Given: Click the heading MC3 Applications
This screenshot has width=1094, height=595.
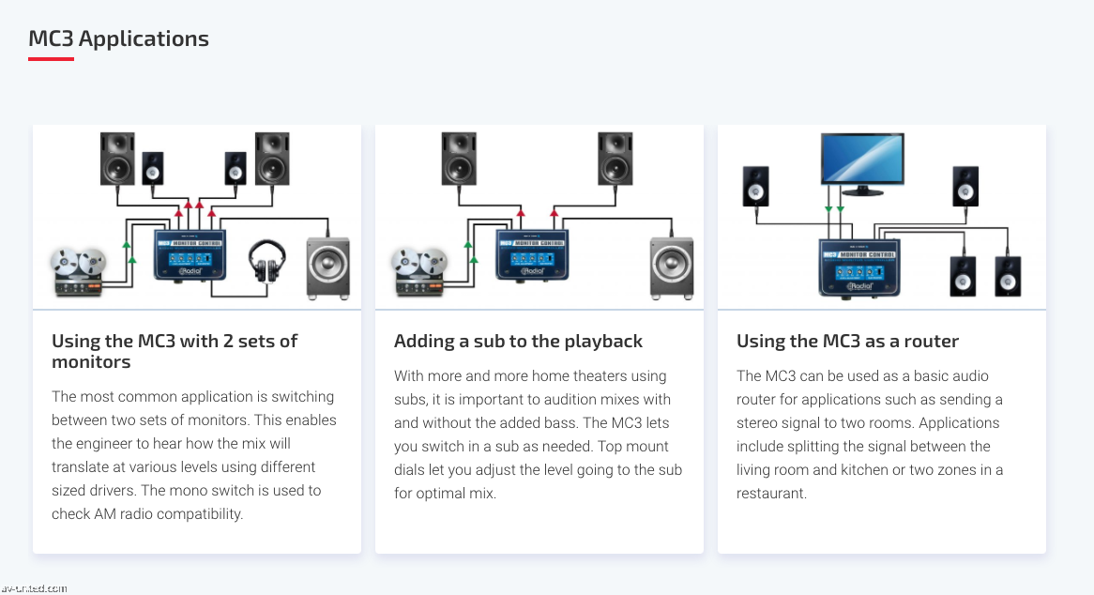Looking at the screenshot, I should pyautogui.click(x=118, y=38).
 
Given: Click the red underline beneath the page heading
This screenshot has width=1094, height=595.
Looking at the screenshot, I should pyautogui.click(x=51, y=59).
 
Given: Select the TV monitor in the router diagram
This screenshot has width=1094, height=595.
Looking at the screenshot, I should pyautogui.click(x=861, y=160).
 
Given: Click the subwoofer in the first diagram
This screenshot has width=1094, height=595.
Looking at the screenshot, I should pyautogui.click(x=328, y=268).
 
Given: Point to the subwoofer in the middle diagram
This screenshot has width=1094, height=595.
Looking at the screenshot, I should pyautogui.click(x=671, y=268).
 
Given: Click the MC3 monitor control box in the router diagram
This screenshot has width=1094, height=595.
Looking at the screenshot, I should pyautogui.click(x=859, y=266).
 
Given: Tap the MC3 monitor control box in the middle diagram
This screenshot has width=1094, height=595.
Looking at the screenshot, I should pyautogui.click(x=531, y=255).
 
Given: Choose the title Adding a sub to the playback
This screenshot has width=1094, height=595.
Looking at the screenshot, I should pyautogui.click(x=518, y=341).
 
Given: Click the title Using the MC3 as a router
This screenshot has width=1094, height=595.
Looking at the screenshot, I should pyautogui.click(x=847, y=341).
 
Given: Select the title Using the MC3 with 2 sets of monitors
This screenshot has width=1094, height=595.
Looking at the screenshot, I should pyautogui.click(x=175, y=351).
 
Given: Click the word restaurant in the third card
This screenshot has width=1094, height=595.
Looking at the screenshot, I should pyautogui.click(x=770, y=493).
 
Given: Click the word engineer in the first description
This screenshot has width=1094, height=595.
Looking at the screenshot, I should pyautogui.click(x=109, y=443).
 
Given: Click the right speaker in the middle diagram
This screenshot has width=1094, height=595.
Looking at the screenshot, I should pyautogui.click(x=615, y=159).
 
